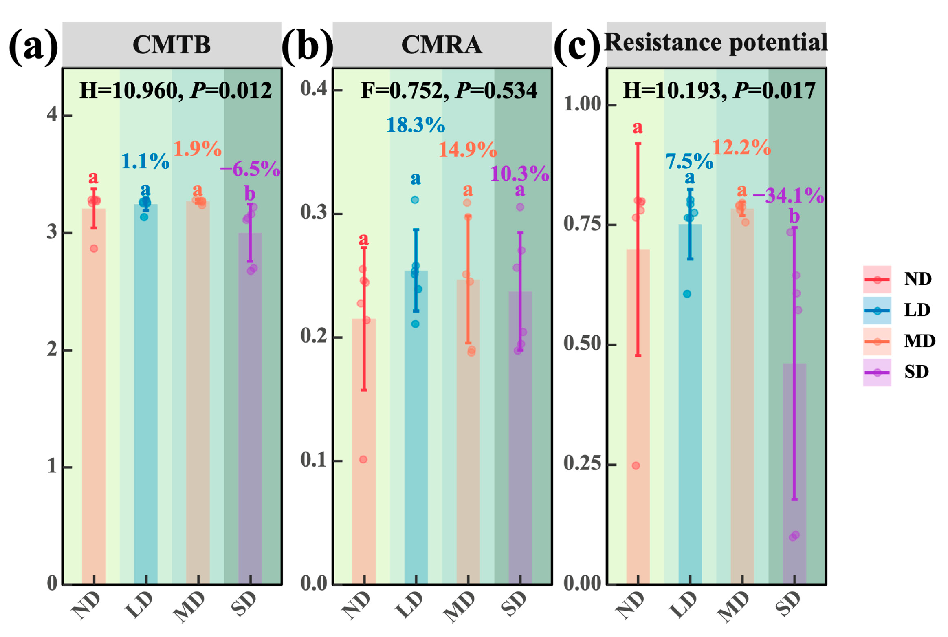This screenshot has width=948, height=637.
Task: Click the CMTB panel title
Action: click(x=172, y=44)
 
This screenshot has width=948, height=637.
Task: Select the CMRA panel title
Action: click(x=442, y=44)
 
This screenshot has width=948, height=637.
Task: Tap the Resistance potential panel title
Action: click(x=716, y=42)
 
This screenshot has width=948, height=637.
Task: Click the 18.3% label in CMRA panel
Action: click(x=415, y=125)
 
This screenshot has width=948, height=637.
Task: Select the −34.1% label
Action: click(x=788, y=196)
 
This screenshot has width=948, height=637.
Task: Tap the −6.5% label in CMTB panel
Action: click(x=250, y=169)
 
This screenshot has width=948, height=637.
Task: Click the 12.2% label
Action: click(x=741, y=148)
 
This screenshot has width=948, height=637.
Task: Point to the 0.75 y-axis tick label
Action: click(x=582, y=224)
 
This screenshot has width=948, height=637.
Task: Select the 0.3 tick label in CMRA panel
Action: click(x=314, y=212)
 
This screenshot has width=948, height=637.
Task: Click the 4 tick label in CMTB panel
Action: click(x=52, y=115)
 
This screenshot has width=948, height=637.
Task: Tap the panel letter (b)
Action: click(x=307, y=46)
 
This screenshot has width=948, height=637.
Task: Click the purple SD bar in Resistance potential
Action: click(x=794, y=473)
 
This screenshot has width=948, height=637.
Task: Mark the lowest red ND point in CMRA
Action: click(x=363, y=459)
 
